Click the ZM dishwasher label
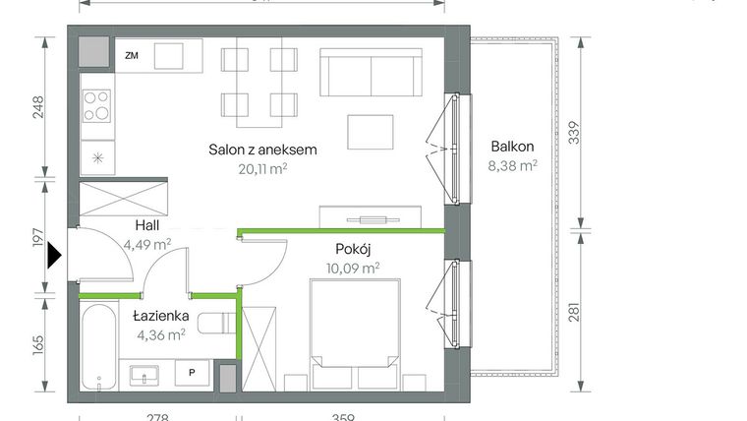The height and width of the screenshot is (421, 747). point(132,56)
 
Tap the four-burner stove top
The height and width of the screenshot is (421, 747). point(96,105)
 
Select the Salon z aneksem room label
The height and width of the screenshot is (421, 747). point(262,150)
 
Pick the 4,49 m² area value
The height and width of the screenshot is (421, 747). point(147,245)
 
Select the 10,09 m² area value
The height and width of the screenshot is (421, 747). point(354,267)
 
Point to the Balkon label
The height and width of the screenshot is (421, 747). point(513,147)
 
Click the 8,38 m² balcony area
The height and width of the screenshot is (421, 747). point(514,166)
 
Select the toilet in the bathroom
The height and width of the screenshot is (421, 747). point(215,324)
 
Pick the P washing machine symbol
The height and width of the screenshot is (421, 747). point(191,373)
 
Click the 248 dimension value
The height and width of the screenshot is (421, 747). point(38,106)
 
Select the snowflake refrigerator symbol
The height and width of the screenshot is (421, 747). point(96,157)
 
